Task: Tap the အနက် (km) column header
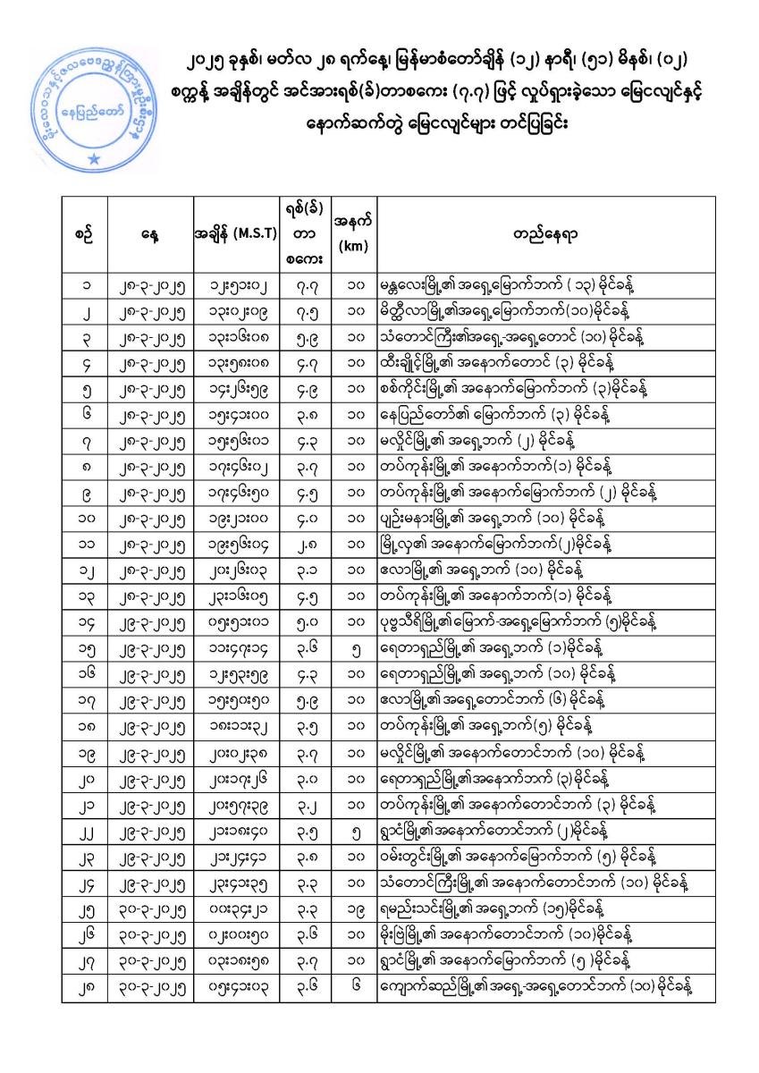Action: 352,234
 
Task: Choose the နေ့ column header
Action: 148,234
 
